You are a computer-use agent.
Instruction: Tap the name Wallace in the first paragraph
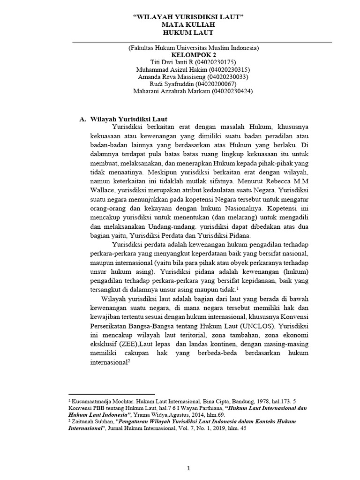102,191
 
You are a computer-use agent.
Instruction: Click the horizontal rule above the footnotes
112,395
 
